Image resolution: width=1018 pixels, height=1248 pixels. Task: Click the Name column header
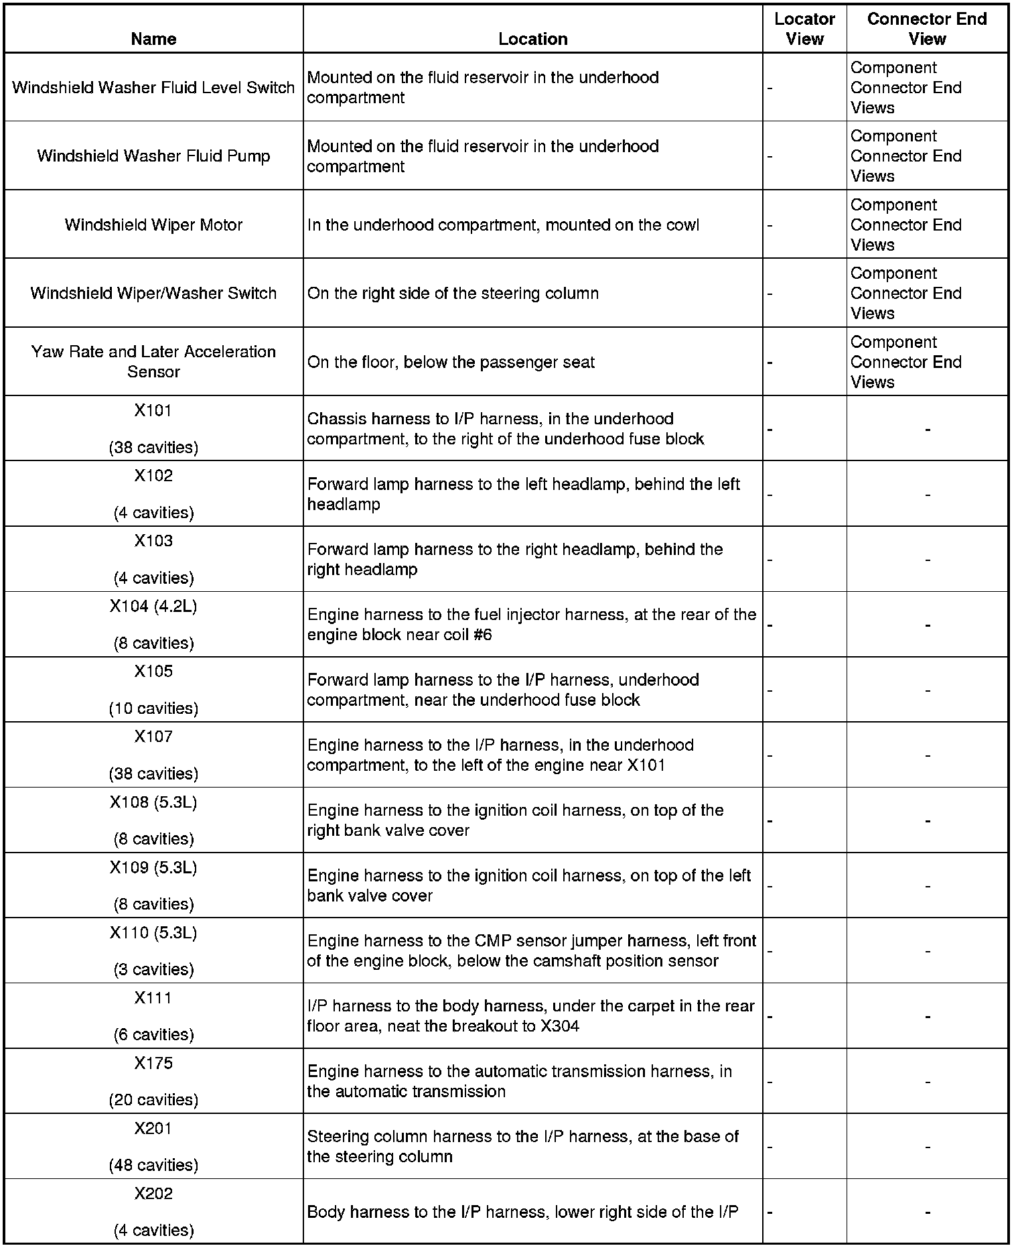[x=153, y=39]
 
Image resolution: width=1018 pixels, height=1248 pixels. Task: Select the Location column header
[x=532, y=39]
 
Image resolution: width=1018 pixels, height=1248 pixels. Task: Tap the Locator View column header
[x=804, y=29]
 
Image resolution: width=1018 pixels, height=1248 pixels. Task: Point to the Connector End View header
[x=927, y=29]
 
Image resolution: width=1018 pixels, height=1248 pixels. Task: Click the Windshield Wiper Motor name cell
[x=153, y=225]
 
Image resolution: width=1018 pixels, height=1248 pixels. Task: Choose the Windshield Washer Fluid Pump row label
[x=153, y=156]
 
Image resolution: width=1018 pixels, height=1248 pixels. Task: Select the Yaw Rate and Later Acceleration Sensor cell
[x=153, y=361]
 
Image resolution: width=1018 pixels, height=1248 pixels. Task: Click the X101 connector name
[x=153, y=410]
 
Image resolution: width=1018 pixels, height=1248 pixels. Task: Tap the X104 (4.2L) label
[x=153, y=607]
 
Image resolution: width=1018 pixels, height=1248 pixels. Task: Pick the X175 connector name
[x=153, y=1064]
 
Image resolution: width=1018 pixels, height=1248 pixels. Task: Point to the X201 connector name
[x=153, y=1129]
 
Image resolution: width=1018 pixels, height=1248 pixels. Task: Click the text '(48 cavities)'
[x=153, y=1165]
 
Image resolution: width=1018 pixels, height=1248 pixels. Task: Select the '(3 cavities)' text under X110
[x=153, y=969]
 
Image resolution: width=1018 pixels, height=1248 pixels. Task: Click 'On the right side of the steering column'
[x=453, y=294]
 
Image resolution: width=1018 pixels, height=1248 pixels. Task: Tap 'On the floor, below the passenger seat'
[x=451, y=363]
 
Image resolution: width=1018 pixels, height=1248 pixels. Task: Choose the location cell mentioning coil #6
[x=532, y=625]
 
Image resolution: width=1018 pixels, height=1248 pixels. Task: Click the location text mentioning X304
[x=530, y=1016]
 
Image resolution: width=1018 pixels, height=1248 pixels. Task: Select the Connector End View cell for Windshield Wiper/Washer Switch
[x=905, y=294]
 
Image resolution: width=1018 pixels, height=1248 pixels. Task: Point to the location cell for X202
[x=522, y=1212]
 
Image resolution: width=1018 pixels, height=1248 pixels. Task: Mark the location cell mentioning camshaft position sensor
[x=531, y=951]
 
